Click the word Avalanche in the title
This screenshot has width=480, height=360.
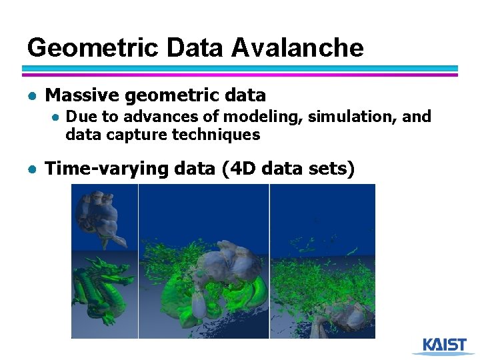pos(298,47)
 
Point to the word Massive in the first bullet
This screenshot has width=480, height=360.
pos(82,95)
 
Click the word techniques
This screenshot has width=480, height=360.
pos(216,135)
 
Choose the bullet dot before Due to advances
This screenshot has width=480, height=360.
pos(57,117)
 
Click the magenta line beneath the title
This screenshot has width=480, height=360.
pos(240,75)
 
